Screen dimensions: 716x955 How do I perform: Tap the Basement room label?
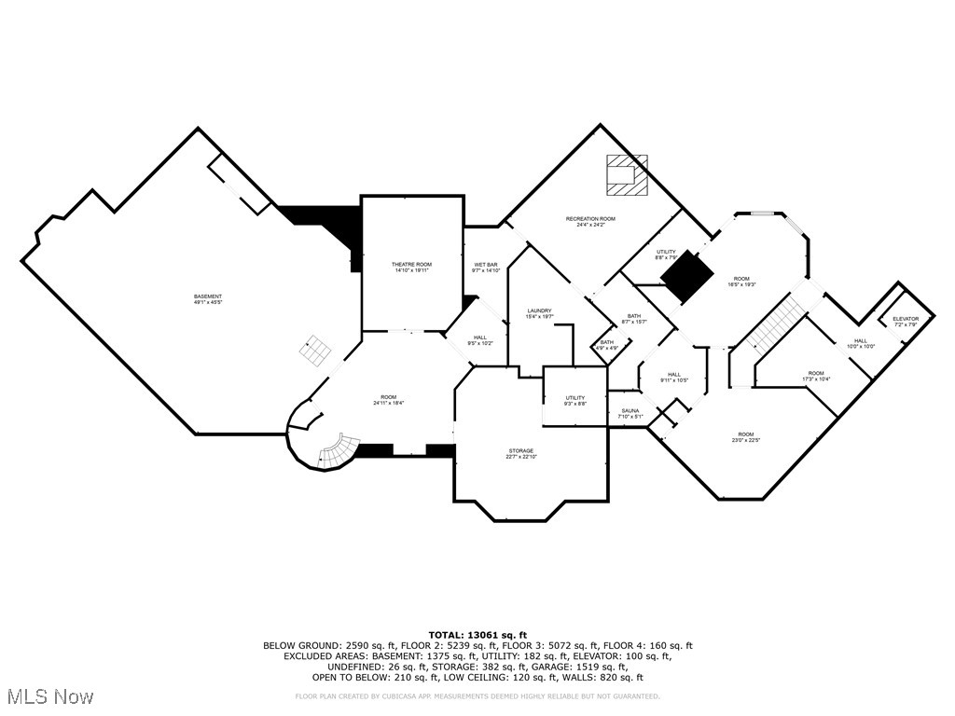pyautogui.click(x=208, y=300)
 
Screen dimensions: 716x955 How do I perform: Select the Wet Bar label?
pyautogui.click(x=486, y=268)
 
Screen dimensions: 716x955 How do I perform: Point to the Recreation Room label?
pyautogui.click(x=590, y=222)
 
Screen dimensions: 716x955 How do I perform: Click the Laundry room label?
pyautogui.click(x=539, y=314)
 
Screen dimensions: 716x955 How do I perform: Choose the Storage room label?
pyautogui.click(x=521, y=454)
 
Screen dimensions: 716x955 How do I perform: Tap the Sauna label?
pyautogui.click(x=630, y=413)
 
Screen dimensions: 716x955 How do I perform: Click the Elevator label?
pyautogui.click(x=906, y=322)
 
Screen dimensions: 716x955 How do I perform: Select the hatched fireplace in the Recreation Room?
pyautogui.click(x=624, y=175)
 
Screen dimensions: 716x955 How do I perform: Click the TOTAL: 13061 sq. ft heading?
pyautogui.click(x=477, y=635)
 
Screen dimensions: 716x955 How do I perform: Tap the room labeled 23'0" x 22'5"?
pyautogui.click(x=745, y=437)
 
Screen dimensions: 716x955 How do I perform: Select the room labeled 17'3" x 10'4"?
pyautogui.click(x=816, y=377)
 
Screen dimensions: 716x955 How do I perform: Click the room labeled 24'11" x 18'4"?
pyautogui.click(x=388, y=400)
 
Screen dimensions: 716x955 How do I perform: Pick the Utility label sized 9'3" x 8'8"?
pyautogui.click(x=574, y=401)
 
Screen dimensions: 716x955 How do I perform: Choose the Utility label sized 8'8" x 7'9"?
pyautogui.click(x=666, y=255)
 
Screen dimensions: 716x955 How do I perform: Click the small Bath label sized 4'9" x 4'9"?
pyautogui.click(x=607, y=345)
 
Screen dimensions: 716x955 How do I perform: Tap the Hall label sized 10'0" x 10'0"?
pyautogui.click(x=861, y=344)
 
